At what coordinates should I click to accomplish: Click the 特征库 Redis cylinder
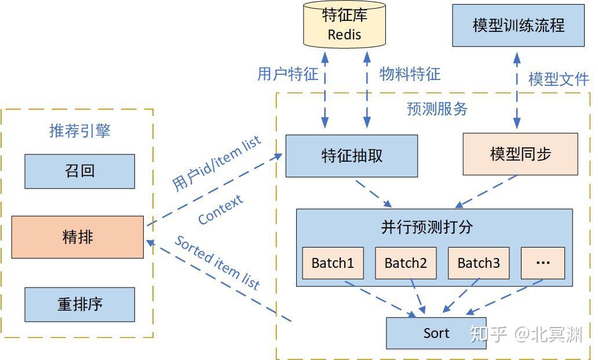344,25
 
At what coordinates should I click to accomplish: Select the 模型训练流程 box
518,26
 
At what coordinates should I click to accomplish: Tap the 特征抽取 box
352,156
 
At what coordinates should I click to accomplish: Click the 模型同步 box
520,154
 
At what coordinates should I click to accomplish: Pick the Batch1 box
333,263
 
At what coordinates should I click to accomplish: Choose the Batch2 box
405,263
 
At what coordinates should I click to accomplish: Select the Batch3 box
478,263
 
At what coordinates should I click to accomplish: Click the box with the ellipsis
542,263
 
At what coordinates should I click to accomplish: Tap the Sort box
436,333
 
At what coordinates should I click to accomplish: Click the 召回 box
79,171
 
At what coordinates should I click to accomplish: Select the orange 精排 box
78,237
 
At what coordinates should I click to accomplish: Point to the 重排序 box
79,304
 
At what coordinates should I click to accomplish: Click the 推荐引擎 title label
79,130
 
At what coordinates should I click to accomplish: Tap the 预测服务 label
437,108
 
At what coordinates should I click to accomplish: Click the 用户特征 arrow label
288,74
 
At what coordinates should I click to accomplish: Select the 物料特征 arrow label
410,74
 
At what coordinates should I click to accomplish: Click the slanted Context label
220,210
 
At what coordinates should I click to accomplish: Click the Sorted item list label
217,263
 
